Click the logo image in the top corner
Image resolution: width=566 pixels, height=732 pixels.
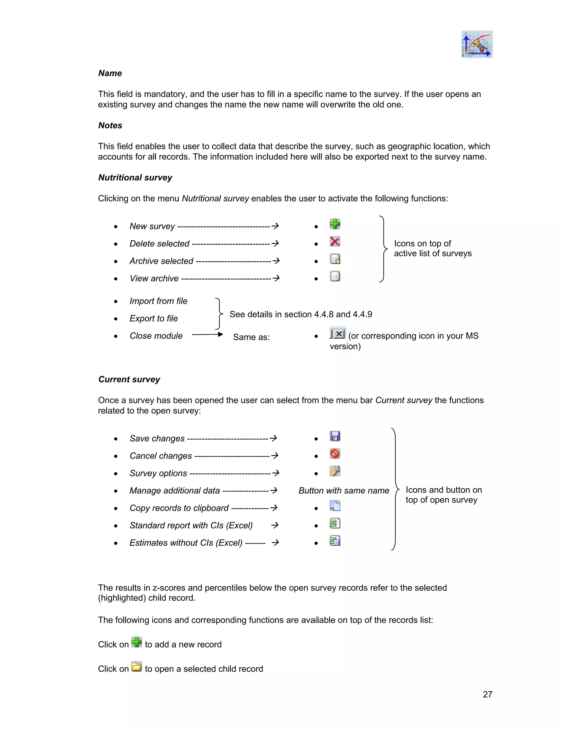476,44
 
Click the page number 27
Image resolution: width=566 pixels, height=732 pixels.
487,694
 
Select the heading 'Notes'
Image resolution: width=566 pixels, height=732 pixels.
110,125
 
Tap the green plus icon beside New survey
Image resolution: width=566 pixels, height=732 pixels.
335,224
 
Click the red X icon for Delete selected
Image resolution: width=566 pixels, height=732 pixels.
335,241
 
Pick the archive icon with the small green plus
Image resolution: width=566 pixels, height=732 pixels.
335,259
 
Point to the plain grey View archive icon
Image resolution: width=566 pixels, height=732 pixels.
335,276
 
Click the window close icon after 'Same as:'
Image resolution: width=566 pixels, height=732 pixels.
337,333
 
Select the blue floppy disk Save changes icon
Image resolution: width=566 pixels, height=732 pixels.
335,436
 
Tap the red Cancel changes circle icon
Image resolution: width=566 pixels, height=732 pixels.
335,454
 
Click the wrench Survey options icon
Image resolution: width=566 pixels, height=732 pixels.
335,471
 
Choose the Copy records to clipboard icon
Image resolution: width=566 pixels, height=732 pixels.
335,506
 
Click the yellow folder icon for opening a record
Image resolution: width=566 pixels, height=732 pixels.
137,667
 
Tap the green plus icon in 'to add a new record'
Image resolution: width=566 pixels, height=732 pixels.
137,642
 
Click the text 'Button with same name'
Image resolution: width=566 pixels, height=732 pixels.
344,491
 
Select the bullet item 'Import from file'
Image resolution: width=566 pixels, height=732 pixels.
158,301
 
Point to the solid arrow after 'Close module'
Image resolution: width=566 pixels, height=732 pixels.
208,334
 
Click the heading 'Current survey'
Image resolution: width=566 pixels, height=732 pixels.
129,380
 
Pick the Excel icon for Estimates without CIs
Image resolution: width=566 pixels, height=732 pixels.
335,541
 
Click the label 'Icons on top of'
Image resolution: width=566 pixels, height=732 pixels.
422,243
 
